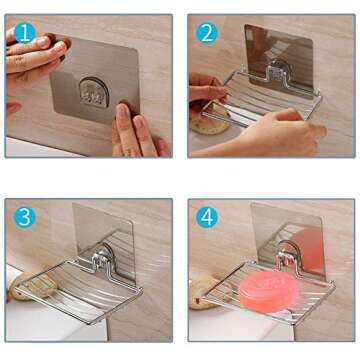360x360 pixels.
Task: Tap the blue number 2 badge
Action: (x=207, y=33)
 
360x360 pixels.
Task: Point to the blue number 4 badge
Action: (x=208, y=216)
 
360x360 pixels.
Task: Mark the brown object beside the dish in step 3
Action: (x=22, y=287)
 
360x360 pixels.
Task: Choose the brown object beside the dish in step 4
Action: (x=205, y=290)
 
